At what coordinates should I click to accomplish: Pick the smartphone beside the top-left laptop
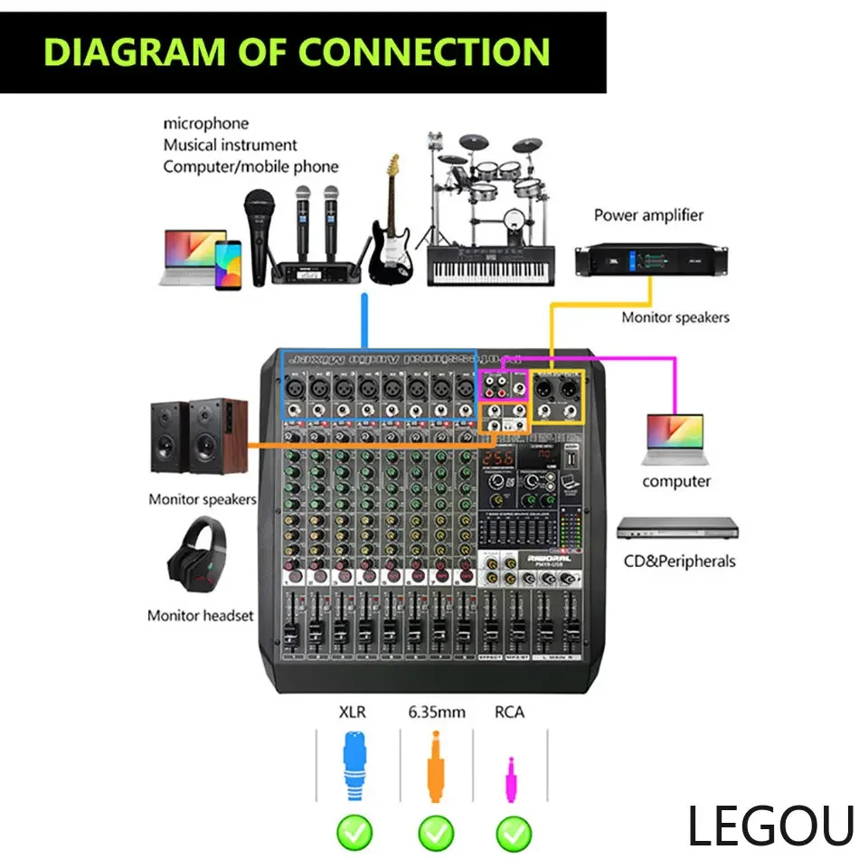pyautogui.click(x=228, y=264)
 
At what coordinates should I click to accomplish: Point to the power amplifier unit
pyautogui.click(x=651, y=261)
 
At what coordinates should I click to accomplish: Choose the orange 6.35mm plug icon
pyautogui.click(x=435, y=768)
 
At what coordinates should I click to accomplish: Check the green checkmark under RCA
pyautogui.click(x=514, y=830)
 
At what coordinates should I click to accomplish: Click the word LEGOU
pyautogui.click(x=769, y=826)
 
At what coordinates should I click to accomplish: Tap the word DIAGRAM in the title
pyautogui.click(x=122, y=52)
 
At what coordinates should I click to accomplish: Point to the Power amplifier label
pyautogui.click(x=648, y=215)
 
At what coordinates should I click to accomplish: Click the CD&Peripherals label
pyautogui.click(x=679, y=561)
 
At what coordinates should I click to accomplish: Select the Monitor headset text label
pyautogui.click(x=201, y=616)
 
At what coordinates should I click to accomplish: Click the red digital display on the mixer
pyautogui.click(x=500, y=459)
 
